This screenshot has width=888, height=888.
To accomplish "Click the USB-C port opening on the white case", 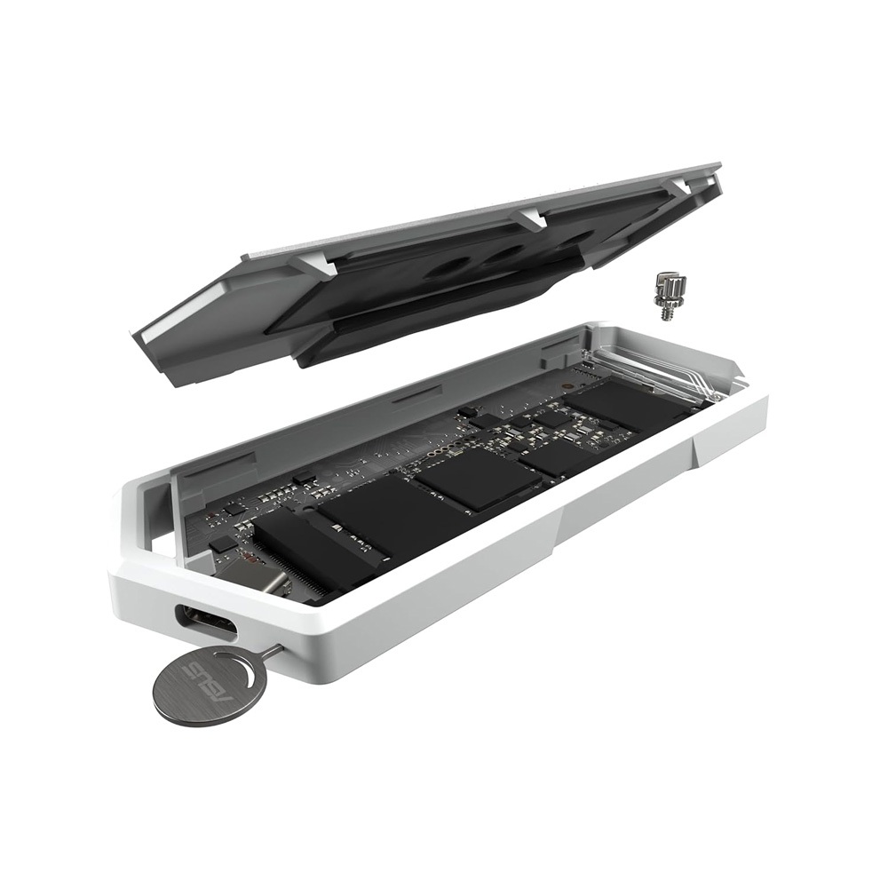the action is click(x=205, y=622).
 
